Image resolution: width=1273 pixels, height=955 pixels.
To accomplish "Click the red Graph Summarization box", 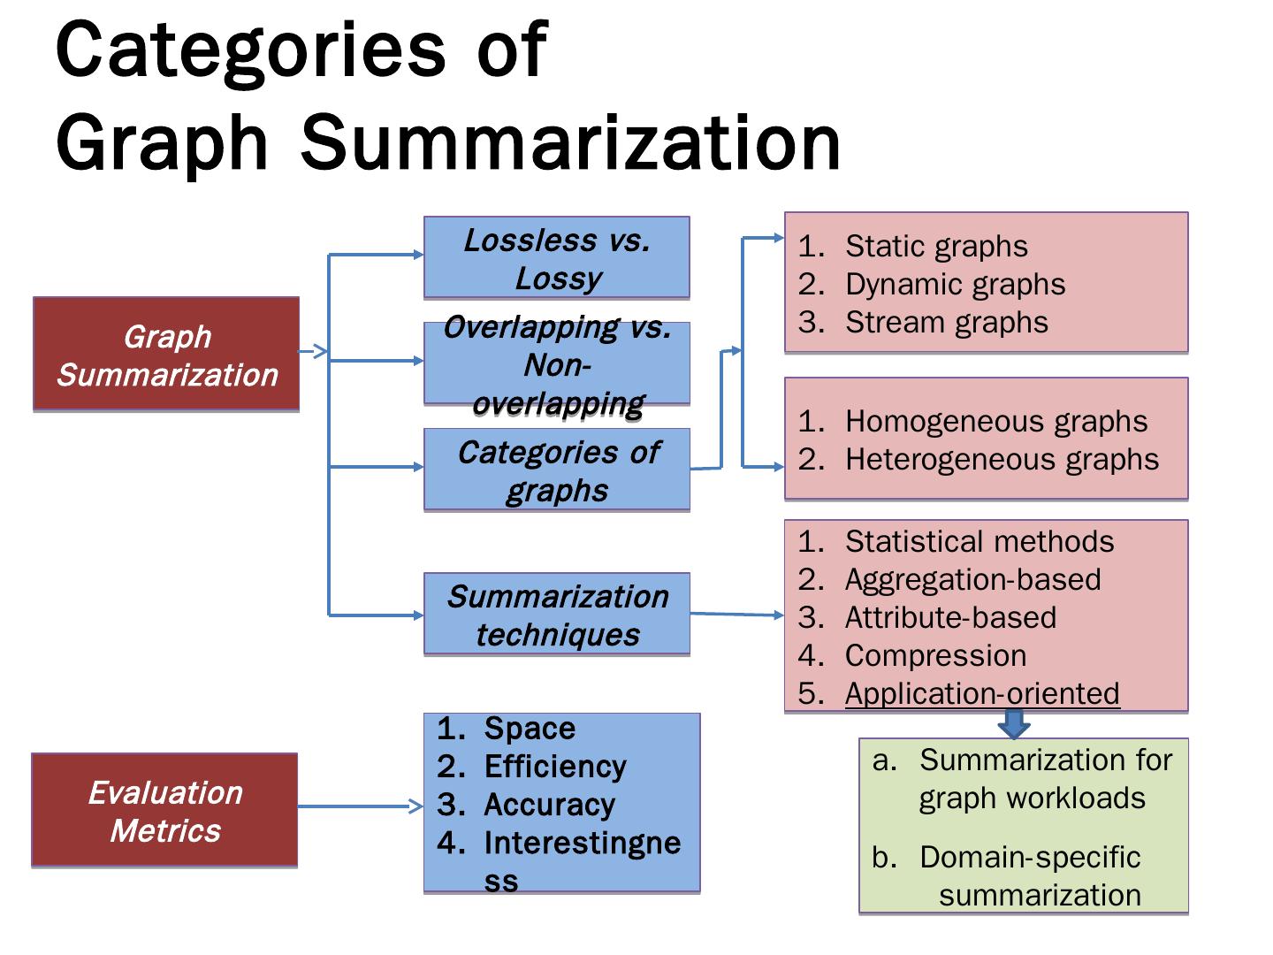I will [166, 355].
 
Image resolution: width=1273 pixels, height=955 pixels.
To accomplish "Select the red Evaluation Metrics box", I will [164, 810].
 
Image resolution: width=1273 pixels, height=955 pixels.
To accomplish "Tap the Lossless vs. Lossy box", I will [556, 258].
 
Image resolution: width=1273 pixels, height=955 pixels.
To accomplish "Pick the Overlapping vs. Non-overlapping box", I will [556, 364].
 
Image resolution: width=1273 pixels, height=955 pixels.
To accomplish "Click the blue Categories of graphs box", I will [556, 470].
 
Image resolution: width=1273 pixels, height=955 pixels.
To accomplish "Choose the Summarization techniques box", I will [556, 615].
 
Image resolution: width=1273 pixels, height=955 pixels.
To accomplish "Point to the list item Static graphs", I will [935, 246].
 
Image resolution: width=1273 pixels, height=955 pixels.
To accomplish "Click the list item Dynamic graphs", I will [955, 284].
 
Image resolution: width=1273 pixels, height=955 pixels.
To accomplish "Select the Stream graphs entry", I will [946, 322].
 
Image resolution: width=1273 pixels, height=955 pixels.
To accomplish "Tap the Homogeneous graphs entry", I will [995, 421].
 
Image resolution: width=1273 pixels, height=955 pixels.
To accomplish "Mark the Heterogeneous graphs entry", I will [1001, 459].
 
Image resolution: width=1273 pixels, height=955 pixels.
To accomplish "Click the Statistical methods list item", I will [979, 541].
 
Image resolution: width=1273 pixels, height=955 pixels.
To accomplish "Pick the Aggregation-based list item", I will [972, 579].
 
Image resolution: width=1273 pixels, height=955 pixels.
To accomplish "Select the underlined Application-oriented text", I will [981, 693].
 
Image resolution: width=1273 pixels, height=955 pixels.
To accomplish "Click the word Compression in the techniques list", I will [935, 655].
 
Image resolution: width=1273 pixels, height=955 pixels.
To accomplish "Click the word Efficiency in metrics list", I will [554, 766].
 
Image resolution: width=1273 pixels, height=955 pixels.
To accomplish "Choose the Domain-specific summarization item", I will [1030, 875].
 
